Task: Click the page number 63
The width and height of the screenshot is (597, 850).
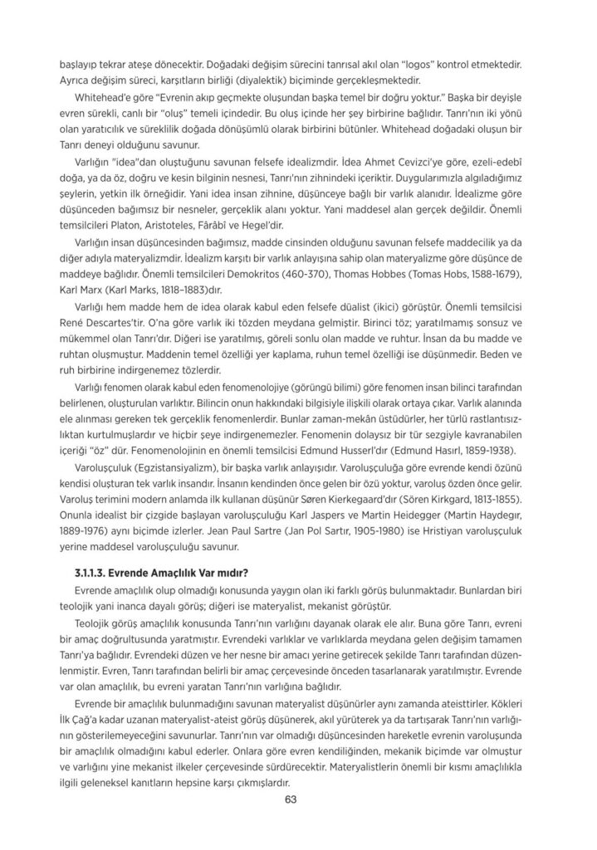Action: pyautogui.click(x=290, y=800)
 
